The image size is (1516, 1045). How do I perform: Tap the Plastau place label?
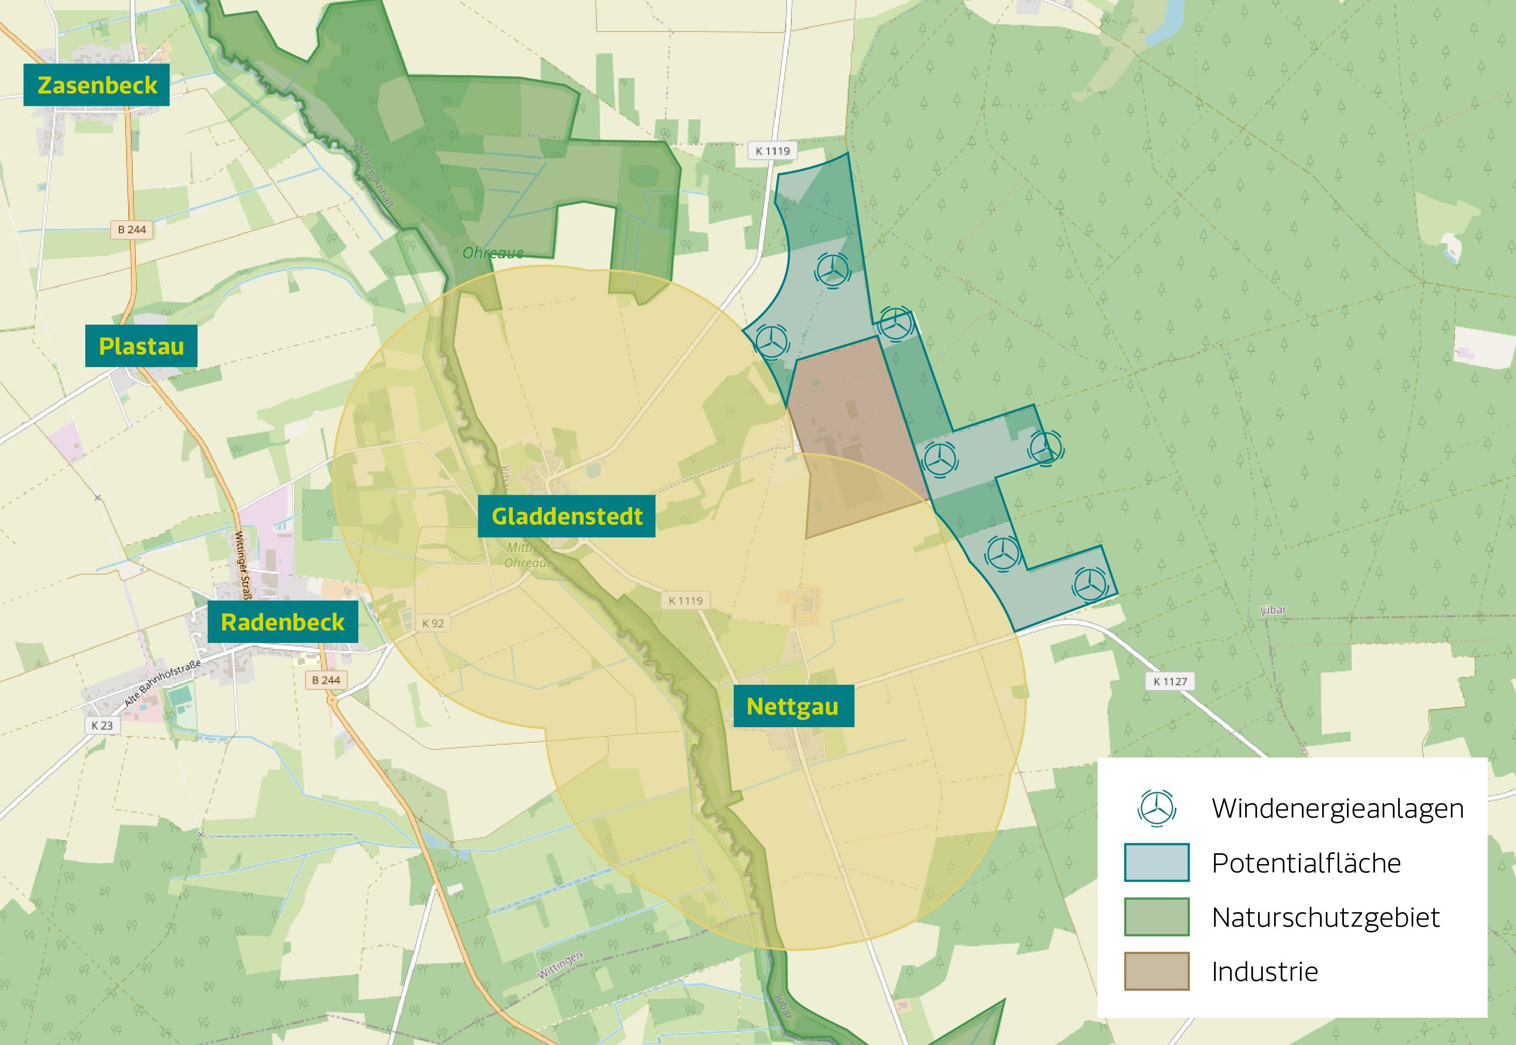click(x=141, y=346)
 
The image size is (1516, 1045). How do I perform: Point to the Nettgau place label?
click(x=792, y=706)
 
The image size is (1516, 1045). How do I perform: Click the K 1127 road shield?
click(x=1170, y=681)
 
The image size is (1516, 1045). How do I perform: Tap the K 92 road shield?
click(x=433, y=623)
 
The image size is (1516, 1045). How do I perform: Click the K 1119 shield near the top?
click(x=773, y=150)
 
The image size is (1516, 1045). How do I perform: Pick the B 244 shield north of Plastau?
click(x=132, y=229)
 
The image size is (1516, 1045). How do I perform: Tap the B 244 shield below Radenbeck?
click(x=326, y=680)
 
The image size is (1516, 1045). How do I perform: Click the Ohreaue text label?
click(x=493, y=253)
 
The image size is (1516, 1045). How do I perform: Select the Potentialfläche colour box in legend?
click(x=1156, y=863)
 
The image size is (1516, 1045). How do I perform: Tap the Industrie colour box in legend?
click(x=1156, y=971)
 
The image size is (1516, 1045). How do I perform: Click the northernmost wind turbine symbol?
click(x=833, y=269)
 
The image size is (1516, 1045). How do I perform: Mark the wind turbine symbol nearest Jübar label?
click(x=1090, y=582)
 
